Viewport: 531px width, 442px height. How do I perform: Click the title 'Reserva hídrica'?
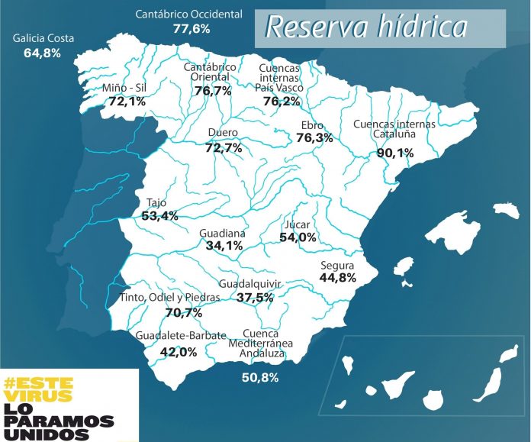(x=365, y=27)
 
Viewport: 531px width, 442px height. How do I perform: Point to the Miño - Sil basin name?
(x=124, y=89)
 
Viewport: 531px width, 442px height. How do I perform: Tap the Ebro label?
(x=313, y=125)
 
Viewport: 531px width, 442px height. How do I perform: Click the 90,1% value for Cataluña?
(x=395, y=153)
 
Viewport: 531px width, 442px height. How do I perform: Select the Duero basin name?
(x=223, y=134)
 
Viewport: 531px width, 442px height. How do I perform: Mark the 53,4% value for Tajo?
(x=160, y=216)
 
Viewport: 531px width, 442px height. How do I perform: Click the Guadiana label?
(x=222, y=233)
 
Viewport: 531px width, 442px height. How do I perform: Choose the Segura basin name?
(x=338, y=264)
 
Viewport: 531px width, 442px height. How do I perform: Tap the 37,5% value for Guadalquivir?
(x=255, y=297)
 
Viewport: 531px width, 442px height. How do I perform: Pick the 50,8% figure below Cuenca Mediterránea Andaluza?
(x=259, y=377)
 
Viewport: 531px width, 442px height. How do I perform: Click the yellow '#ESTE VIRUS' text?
(x=38, y=389)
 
